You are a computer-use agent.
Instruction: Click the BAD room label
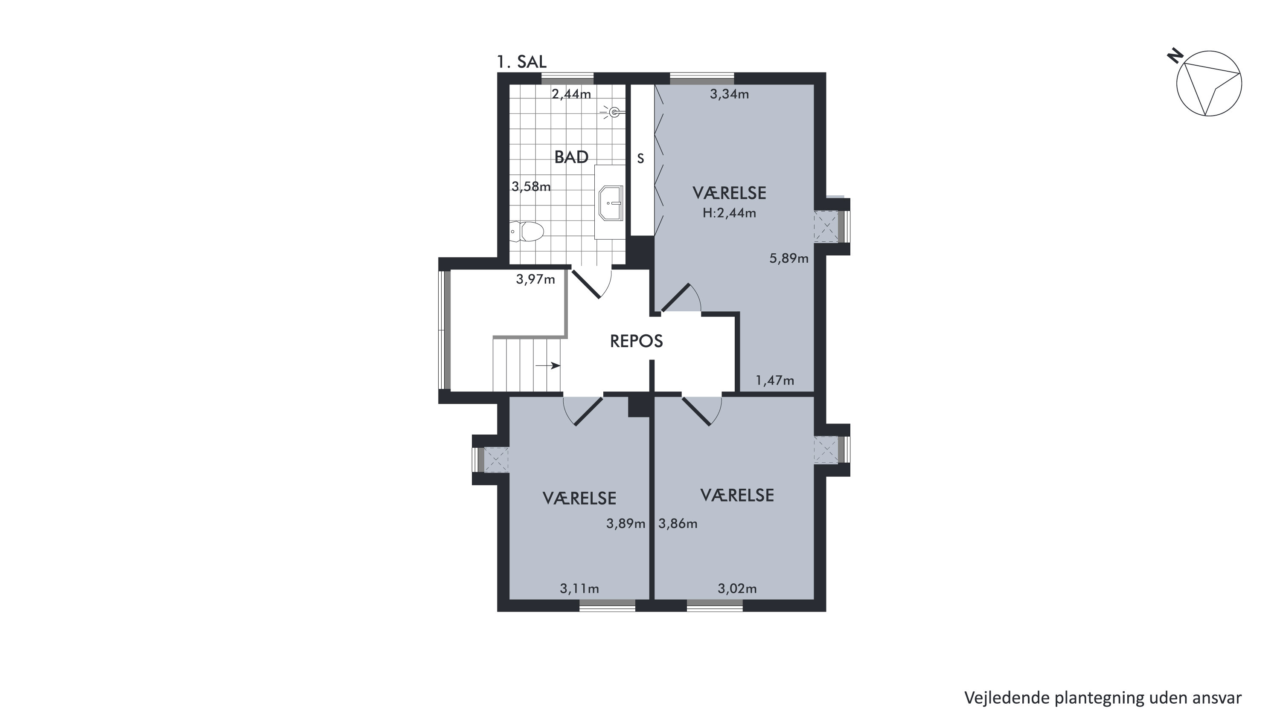(571, 157)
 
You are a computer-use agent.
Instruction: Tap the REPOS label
(637, 341)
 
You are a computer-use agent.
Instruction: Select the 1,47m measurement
(775, 381)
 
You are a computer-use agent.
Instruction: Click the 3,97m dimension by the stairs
(535, 280)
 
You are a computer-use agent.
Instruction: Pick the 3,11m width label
(579, 589)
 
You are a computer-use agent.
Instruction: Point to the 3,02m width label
(737, 589)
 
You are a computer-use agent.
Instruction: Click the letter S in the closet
(640, 158)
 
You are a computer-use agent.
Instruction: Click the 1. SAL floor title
(522, 62)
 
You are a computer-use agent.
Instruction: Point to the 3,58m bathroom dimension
(531, 187)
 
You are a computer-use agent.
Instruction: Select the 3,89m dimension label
(625, 524)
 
